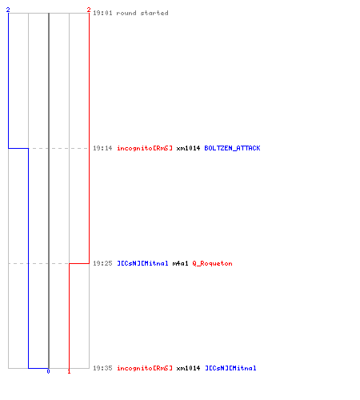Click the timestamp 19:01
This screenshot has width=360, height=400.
102,13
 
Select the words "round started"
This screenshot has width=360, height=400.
142,13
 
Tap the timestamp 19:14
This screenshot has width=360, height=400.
102,148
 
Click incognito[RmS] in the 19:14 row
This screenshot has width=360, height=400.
145,148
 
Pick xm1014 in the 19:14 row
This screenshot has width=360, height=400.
188,148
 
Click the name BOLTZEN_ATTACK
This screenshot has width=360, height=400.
232,148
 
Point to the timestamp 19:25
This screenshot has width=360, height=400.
102,263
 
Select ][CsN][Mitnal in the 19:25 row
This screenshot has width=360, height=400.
143,263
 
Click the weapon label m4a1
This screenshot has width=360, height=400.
180,263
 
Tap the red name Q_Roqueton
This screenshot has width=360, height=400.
212,263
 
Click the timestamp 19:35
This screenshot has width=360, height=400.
102,368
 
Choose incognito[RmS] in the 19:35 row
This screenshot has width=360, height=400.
145,368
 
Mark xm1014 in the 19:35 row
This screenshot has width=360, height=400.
188,368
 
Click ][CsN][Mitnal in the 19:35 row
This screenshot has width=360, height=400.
230,368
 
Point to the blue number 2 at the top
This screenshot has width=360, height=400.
8,10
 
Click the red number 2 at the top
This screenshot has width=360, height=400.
89,10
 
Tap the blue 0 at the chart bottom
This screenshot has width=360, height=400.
48,371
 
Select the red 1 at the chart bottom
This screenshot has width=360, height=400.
69,371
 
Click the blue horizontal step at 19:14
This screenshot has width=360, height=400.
18,148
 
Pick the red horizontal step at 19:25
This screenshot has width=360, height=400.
79,263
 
